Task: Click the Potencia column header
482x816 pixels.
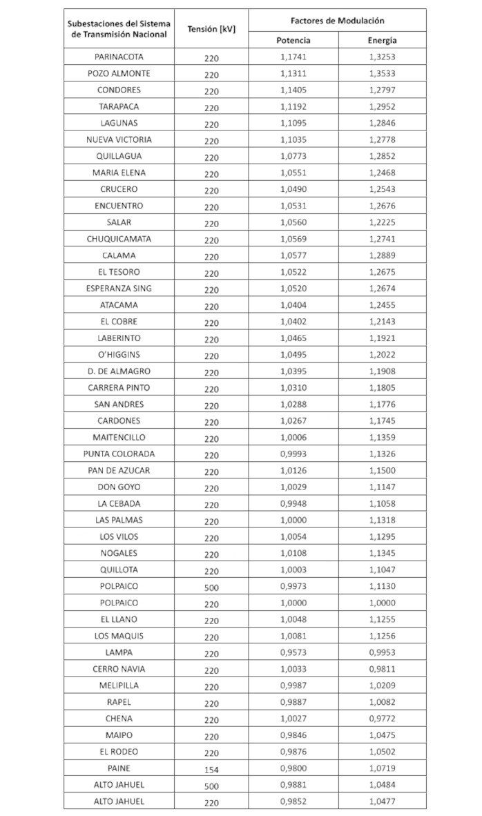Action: coord(293,40)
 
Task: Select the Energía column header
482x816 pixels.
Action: coord(382,40)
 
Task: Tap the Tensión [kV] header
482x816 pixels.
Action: coord(211,29)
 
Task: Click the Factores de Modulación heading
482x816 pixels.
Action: coord(337,21)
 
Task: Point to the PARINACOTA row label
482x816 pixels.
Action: coord(119,57)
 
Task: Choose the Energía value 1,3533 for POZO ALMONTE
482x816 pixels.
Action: coord(382,73)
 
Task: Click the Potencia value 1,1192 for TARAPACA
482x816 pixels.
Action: coord(293,106)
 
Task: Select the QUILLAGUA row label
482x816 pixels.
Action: coord(119,156)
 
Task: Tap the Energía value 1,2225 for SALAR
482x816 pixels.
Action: coord(382,222)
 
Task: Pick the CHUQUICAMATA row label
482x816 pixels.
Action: coord(119,239)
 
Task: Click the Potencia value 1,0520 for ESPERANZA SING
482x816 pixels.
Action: coord(293,289)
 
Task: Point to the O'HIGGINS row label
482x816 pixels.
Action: coord(119,354)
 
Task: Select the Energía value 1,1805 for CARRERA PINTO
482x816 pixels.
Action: coord(382,387)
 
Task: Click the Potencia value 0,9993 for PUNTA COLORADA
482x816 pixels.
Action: coord(293,454)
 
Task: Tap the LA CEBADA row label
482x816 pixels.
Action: coord(119,503)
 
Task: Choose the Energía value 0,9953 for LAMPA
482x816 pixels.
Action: coord(382,652)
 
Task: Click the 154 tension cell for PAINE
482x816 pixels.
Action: coord(211,768)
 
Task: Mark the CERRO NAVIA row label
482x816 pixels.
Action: coord(119,668)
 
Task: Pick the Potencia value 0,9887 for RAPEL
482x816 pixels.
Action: coord(293,701)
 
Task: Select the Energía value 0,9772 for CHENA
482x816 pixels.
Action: coord(382,718)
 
